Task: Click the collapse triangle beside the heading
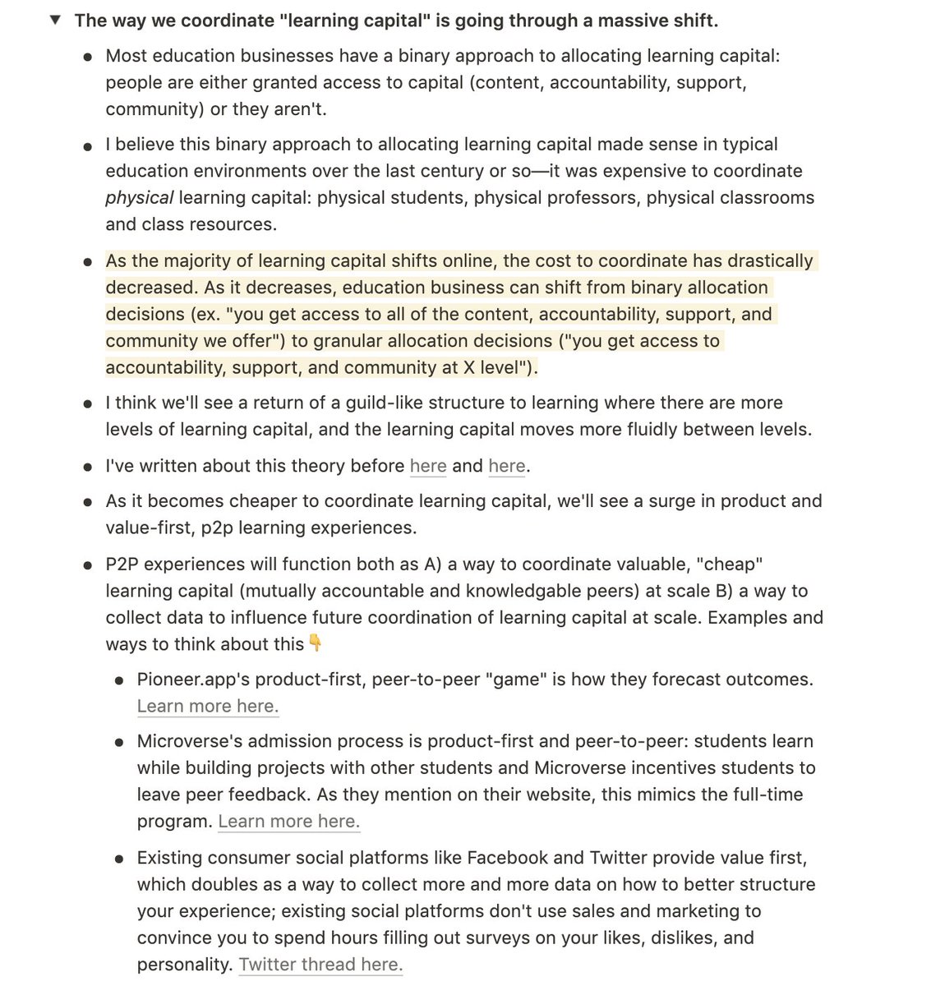point(56,21)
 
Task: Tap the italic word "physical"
point(139,198)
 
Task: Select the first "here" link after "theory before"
point(427,467)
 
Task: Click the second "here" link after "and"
point(506,467)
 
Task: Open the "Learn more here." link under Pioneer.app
point(208,707)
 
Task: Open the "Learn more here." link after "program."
point(288,822)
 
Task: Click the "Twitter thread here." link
point(320,965)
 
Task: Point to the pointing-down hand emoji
point(315,644)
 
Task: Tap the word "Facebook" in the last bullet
point(507,859)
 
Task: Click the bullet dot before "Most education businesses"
point(88,58)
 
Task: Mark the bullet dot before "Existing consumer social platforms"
point(119,859)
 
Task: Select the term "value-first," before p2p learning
point(149,528)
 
